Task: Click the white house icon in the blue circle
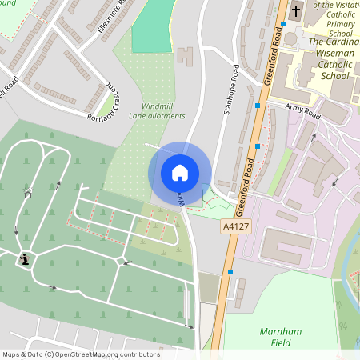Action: coord(180,173)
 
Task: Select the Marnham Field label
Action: coord(279,336)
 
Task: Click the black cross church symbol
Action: coord(295,11)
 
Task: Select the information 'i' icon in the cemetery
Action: coord(26,258)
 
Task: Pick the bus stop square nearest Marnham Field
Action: coord(230,272)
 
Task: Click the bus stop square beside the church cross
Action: coord(282,24)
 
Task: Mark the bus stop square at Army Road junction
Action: coord(257,106)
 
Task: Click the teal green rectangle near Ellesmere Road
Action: coord(153,24)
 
